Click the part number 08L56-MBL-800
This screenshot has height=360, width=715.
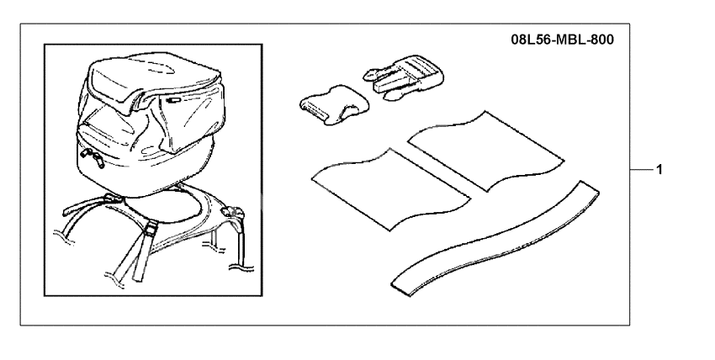pyautogui.click(x=562, y=40)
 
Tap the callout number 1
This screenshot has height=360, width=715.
pyautogui.click(x=660, y=169)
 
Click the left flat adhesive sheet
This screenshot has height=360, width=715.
pyautogui.click(x=388, y=187)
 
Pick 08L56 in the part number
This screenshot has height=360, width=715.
pyautogui.click(x=528, y=40)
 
